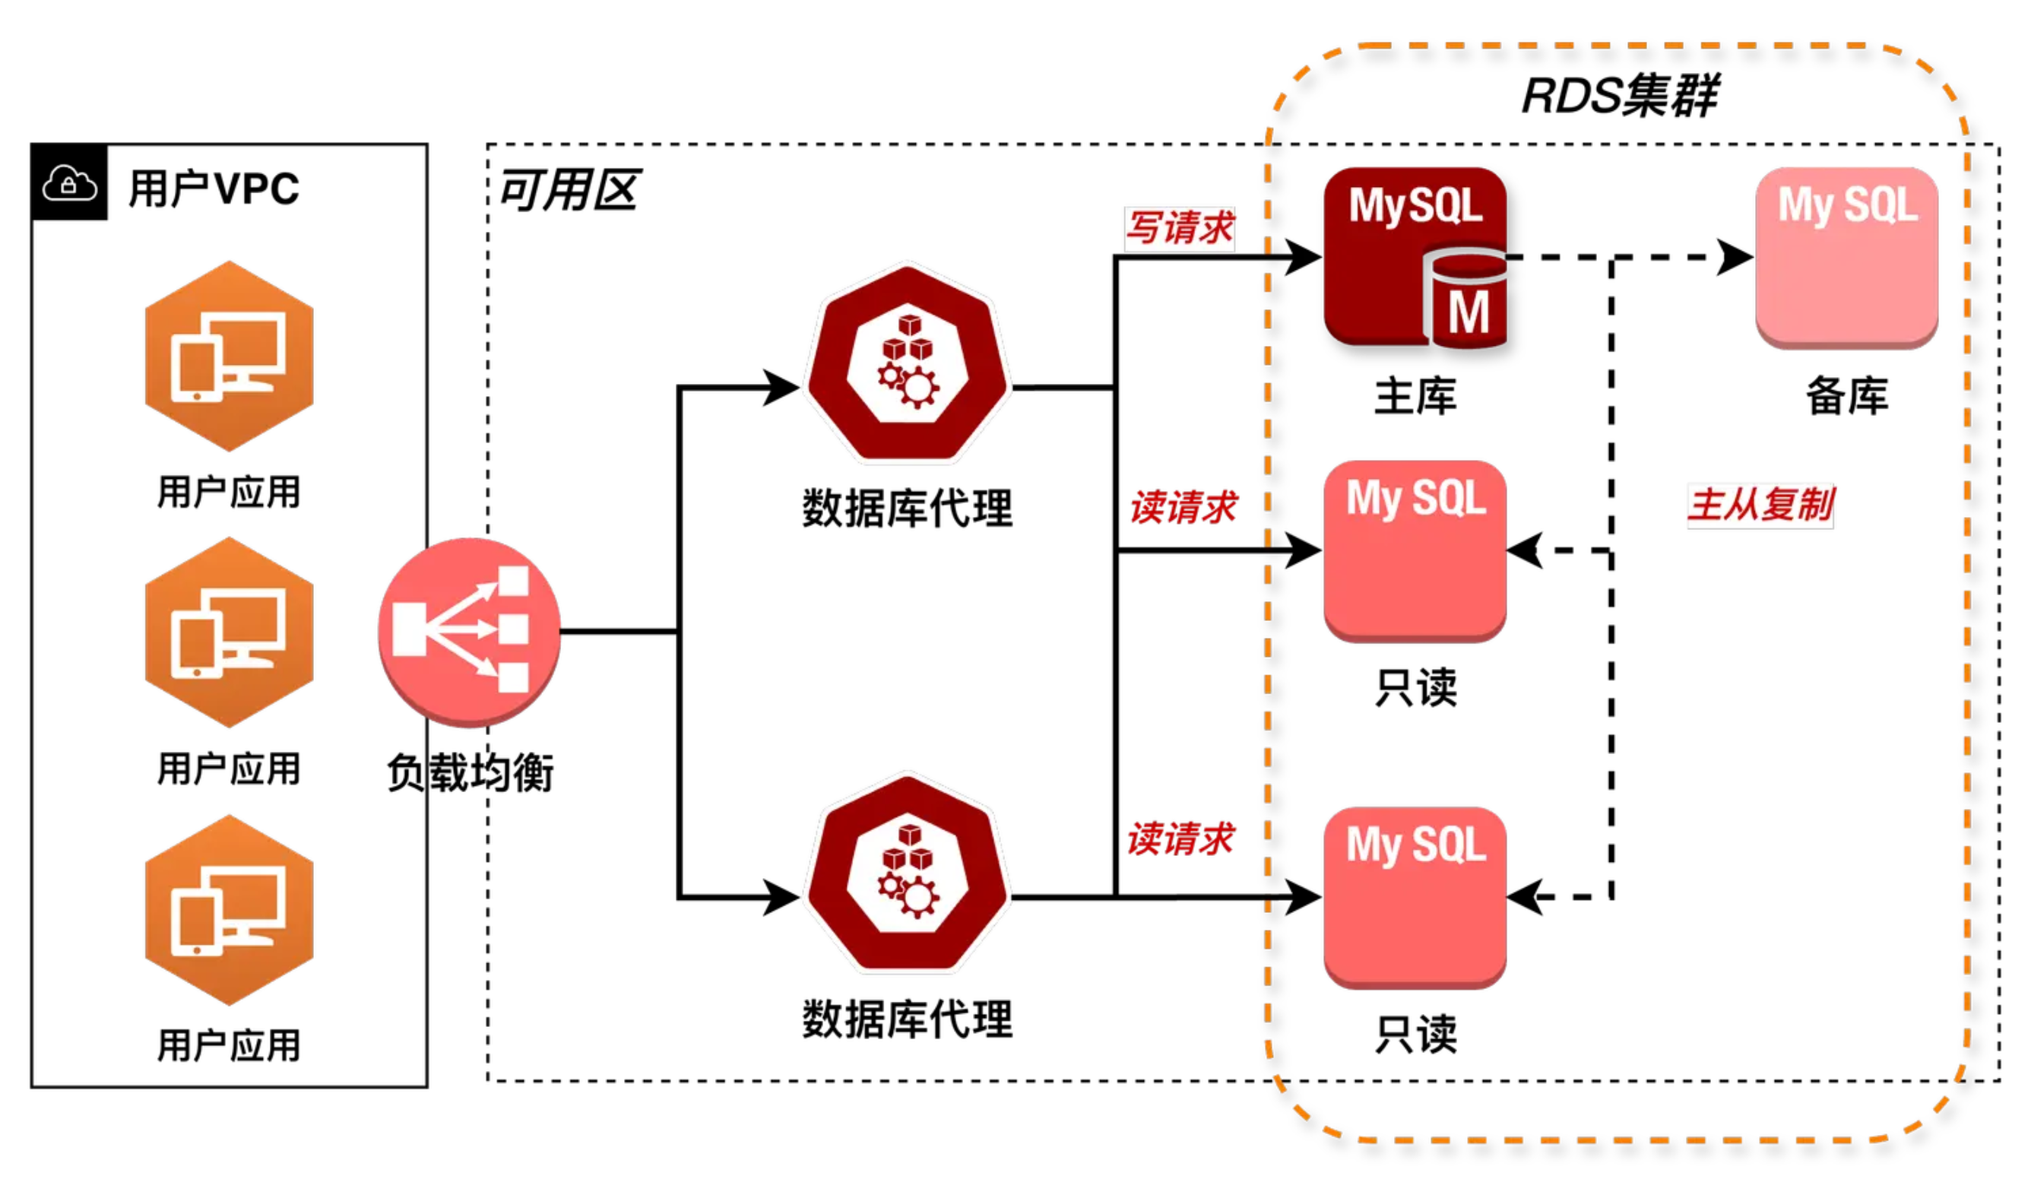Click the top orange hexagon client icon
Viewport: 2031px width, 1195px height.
click(229, 357)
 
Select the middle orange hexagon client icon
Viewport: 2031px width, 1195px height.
click(229, 632)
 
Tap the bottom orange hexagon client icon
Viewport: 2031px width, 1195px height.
click(229, 910)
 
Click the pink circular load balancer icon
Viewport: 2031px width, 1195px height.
click(469, 632)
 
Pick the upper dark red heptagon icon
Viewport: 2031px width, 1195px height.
click(908, 363)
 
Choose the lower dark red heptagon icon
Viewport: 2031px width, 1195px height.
click(908, 873)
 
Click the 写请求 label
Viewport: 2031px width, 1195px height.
click(1179, 229)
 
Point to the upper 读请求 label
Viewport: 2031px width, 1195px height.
click(1183, 508)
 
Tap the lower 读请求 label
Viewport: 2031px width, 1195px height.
click(1180, 838)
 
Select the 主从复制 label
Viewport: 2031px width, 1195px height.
click(1760, 506)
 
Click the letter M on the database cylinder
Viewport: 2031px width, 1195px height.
click(1468, 312)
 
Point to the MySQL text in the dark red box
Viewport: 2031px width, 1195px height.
click(1415, 205)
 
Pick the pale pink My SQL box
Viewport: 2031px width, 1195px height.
click(1846, 258)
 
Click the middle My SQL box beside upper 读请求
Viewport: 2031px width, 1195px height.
click(1415, 551)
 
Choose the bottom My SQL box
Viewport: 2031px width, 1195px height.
click(1415, 898)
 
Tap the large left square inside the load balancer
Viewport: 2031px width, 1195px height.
click(409, 629)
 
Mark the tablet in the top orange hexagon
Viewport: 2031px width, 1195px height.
click(196, 368)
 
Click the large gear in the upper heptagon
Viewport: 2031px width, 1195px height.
click(917, 388)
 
